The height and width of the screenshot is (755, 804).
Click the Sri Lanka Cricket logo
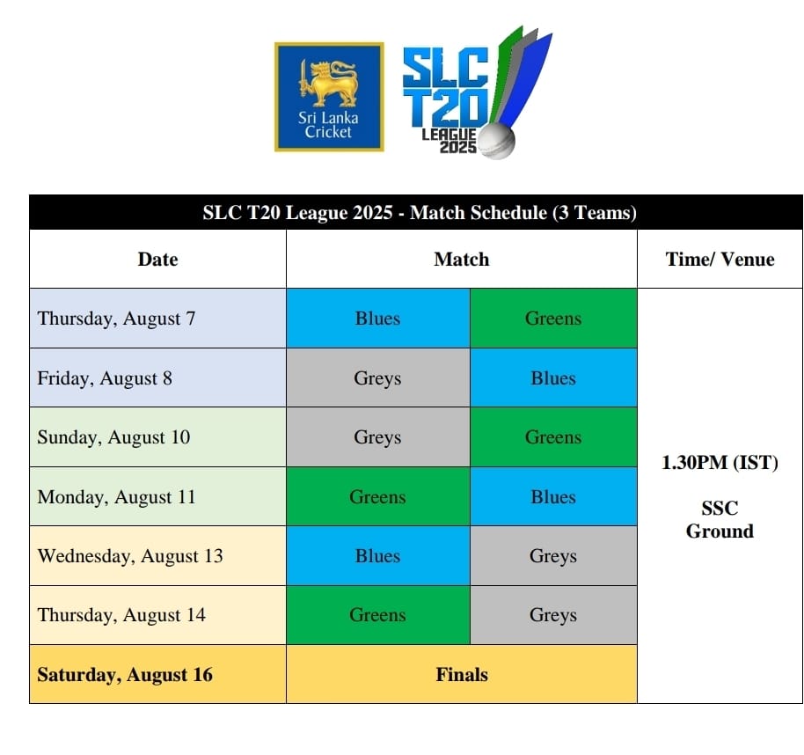329,97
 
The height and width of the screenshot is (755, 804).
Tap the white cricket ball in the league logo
496,141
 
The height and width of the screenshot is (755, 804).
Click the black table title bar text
420,212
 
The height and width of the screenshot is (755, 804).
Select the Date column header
158,259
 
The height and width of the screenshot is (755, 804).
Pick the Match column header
462,259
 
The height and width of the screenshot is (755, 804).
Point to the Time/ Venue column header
720,259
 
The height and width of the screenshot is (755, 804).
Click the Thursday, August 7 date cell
158,318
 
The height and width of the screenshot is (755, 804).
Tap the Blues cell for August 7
378,318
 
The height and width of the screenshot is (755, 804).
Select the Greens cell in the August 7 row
553,318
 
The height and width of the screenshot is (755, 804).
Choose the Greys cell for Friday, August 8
378,378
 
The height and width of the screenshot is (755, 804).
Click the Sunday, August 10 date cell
158,437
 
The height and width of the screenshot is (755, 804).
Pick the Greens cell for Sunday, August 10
553,437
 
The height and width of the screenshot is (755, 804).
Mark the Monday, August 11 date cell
158,496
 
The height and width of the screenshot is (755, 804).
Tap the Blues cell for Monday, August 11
553,496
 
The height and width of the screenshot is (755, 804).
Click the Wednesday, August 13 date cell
158,556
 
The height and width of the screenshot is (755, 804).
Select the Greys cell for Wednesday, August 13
553,556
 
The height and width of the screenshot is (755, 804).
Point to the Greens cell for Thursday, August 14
378,615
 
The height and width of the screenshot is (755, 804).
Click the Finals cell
462,674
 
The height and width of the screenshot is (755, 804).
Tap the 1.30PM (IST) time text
720,462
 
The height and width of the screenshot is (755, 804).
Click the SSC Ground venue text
720,519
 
